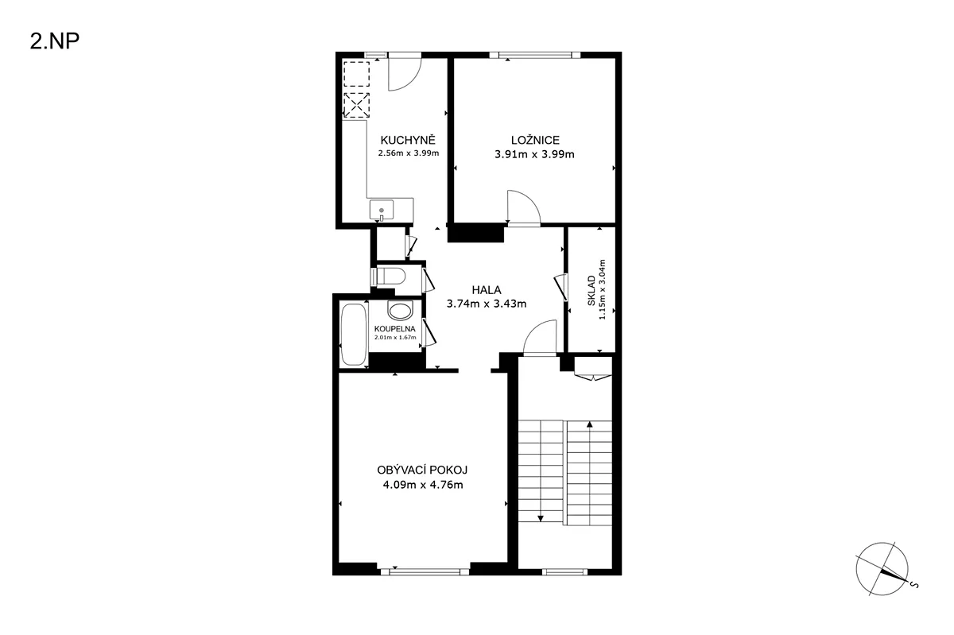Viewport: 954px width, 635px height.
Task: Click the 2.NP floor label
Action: (x=55, y=42)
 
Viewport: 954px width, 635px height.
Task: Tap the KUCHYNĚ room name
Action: (x=408, y=140)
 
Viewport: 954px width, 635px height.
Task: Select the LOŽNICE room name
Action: (x=535, y=140)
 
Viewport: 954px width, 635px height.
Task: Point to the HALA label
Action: (x=487, y=290)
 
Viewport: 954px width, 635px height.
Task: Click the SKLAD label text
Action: (x=591, y=290)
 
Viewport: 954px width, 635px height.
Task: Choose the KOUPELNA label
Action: (x=395, y=329)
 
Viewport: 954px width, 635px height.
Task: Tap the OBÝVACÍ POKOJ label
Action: (x=422, y=470)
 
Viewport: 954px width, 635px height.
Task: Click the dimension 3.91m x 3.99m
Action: (x=534, y=154)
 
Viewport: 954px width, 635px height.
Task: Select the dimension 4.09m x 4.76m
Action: (x=423, y=485)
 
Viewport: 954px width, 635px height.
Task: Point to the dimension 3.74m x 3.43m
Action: (x=487, y=304)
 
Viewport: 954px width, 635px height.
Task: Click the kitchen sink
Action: (x=382, y=210)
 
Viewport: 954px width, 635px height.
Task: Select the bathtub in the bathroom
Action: (x=354, y=335)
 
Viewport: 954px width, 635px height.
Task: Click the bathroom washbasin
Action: (x=401, y=310)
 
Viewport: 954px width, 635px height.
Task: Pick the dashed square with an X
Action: (x=356, y=105)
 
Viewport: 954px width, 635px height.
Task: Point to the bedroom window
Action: (x=535, y=55)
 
